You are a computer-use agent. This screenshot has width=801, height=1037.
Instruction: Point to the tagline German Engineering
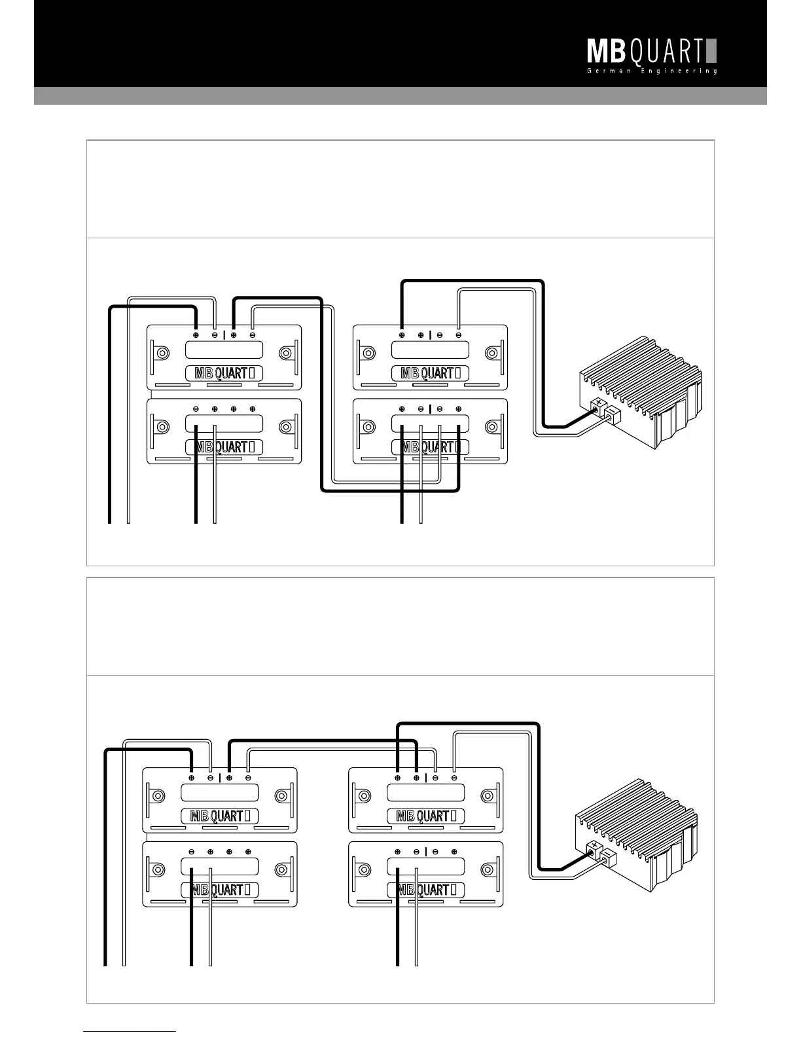coord(652,71)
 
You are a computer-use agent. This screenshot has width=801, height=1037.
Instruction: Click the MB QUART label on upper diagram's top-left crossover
coord(224,374)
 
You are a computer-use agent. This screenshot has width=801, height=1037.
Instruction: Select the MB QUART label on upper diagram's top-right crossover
coord(430,374)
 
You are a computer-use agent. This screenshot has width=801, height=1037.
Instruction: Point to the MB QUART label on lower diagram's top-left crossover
coord(220,816)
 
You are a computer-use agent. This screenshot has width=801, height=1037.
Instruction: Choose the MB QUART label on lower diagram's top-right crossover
coord(425,816)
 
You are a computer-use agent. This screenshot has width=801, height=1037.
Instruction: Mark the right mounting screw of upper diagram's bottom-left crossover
coord(285,427)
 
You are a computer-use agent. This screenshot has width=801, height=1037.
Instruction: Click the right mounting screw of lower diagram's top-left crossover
coord(281,796)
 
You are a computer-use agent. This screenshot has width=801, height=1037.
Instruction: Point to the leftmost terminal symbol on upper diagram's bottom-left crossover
coord(196,409)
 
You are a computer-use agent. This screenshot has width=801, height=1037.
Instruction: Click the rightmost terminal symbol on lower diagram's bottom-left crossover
coord(248,852)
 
